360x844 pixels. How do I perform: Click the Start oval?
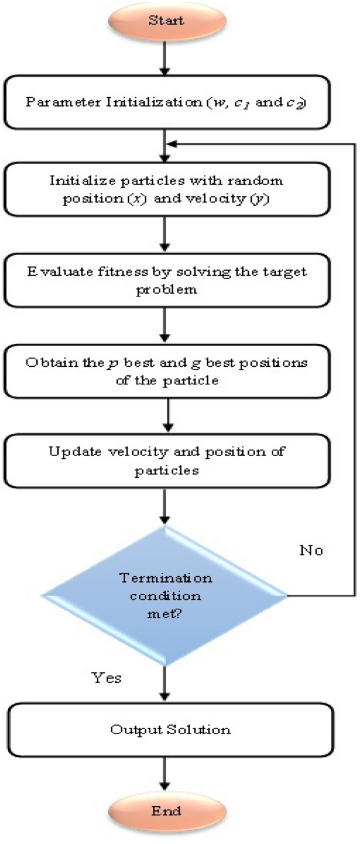pyautogui.click(x=165, y=21)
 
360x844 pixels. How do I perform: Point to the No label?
pyautogui.click(x=312, y=550)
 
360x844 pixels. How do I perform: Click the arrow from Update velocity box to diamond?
pyautogui.click(x=165, y=504)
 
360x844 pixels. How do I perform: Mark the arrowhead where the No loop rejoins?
pyautogui.click(x=174, y=145)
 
